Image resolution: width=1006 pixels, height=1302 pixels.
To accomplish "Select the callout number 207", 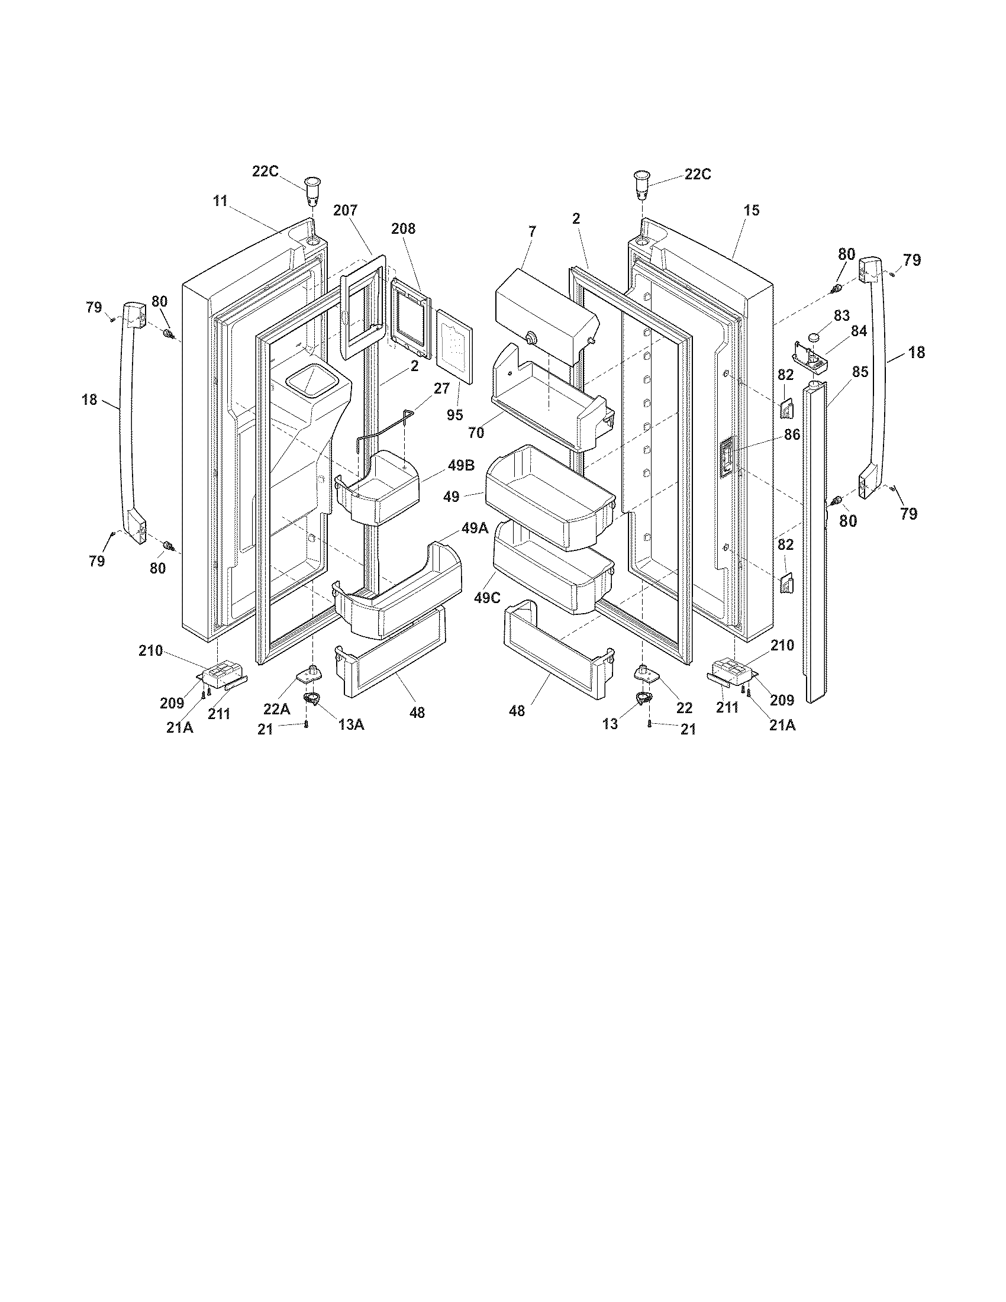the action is [x=346, y=210].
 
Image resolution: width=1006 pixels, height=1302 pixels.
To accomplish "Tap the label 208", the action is [x=404, y=228].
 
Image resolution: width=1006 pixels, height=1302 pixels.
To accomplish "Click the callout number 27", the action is [x=441, y=389].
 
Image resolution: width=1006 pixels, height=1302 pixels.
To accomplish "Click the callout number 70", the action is [x=476, y=433].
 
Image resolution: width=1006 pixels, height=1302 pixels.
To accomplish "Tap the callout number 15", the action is [x=752, y=210].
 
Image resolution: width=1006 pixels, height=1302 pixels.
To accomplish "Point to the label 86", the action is [x=792, y=434].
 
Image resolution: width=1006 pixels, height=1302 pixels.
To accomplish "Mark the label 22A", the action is [x=277, y=709].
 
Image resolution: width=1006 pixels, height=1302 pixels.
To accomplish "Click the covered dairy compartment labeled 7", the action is [x=546, y=316].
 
